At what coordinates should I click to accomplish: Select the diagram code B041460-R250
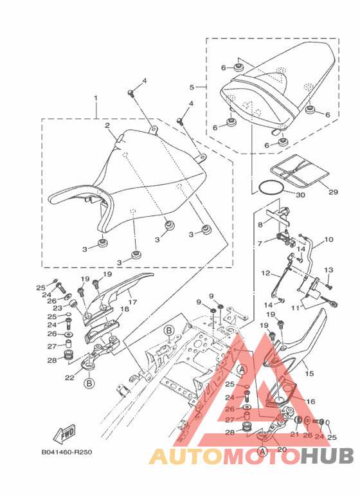[x=67, y=452]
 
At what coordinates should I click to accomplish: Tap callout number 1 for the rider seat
[x=95, y=98]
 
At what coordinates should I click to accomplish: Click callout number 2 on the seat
[x=107, y=125]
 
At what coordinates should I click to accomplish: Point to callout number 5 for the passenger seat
[x=192, y=87]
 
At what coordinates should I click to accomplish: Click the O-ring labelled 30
[x=270, y=187]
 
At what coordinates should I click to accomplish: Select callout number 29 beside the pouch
[x=333, y=192]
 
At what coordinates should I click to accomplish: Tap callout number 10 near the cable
[x=328, y=239]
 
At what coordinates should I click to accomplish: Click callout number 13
[x=328, y=270]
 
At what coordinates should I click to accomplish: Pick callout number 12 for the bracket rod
[x=265, y=273]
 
